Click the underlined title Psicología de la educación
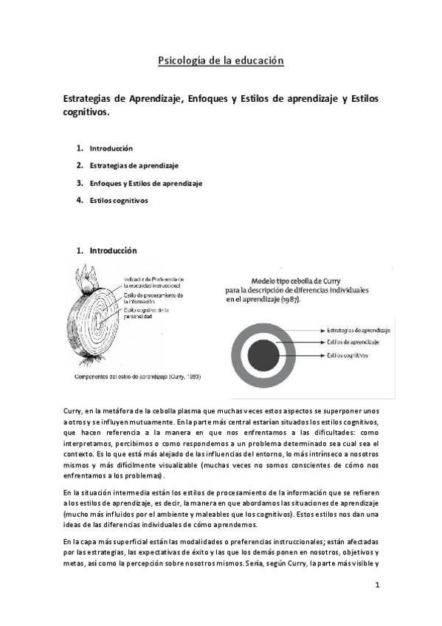point(221,61)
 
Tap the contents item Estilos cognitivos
point(119,200)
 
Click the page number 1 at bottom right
point(376,585)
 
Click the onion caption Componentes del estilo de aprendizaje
point(138,376)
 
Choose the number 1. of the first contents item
point(80,148)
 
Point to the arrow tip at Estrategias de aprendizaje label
point(323,331)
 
